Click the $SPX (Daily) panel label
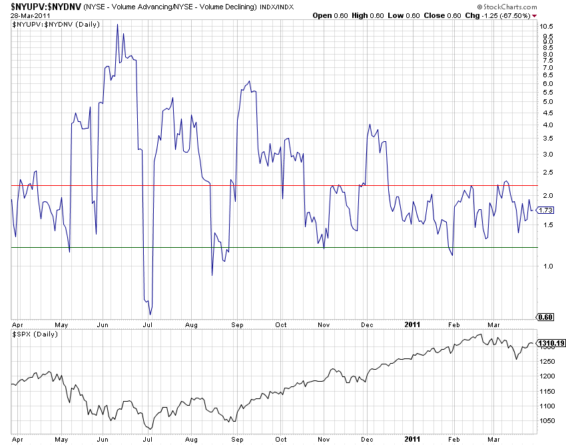pos(35,333)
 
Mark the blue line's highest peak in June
pos(117,25)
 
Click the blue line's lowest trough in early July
pos(150,314)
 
